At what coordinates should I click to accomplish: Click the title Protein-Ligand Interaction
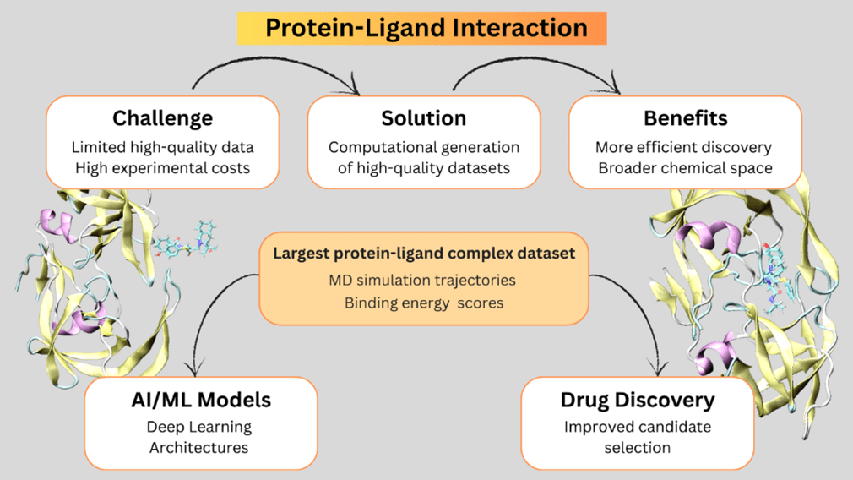click(426, 27)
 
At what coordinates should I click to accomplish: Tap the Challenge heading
click(162, 117)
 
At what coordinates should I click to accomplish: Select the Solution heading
click(423, 117)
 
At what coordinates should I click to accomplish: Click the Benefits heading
click(685, 117)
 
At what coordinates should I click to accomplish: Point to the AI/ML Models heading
click(200, 399)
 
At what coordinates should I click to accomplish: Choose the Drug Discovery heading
click(638, 399)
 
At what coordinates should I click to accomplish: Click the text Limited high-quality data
click(162, 147)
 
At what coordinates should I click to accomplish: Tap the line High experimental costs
click(162, 167)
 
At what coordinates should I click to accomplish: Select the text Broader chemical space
click(685, 167)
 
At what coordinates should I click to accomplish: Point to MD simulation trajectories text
click(424, 280)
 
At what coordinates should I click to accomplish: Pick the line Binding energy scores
click(424, 302)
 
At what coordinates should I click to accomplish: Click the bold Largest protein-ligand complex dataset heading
click(424, 253)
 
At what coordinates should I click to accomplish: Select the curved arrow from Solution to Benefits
click(537, 70)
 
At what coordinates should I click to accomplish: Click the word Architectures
click(199, 447)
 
